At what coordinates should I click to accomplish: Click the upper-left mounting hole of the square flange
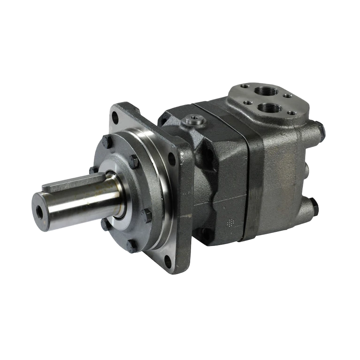(x=115, y=117)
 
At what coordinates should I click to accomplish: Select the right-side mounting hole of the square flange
(x=172, y=159)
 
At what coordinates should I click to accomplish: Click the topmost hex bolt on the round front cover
(x=107, y=141)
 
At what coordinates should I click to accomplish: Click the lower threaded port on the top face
(x=269, y=108)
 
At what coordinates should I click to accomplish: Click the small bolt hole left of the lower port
(x=247, y=103)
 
